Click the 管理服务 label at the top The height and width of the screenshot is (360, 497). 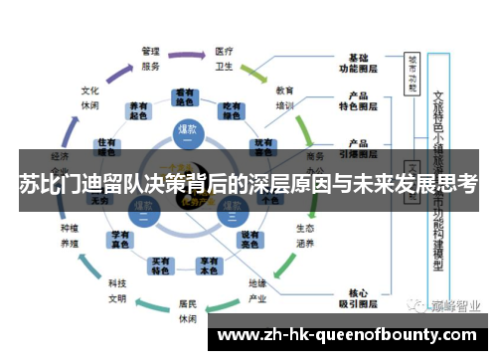click(x=151, y=58)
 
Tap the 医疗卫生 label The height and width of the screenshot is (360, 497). click(x=225, y=58)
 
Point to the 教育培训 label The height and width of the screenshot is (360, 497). click(x=284, y=96)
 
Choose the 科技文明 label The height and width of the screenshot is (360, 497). click(x=117, y=290)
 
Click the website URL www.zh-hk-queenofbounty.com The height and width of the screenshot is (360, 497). click(x=352, y=335)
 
